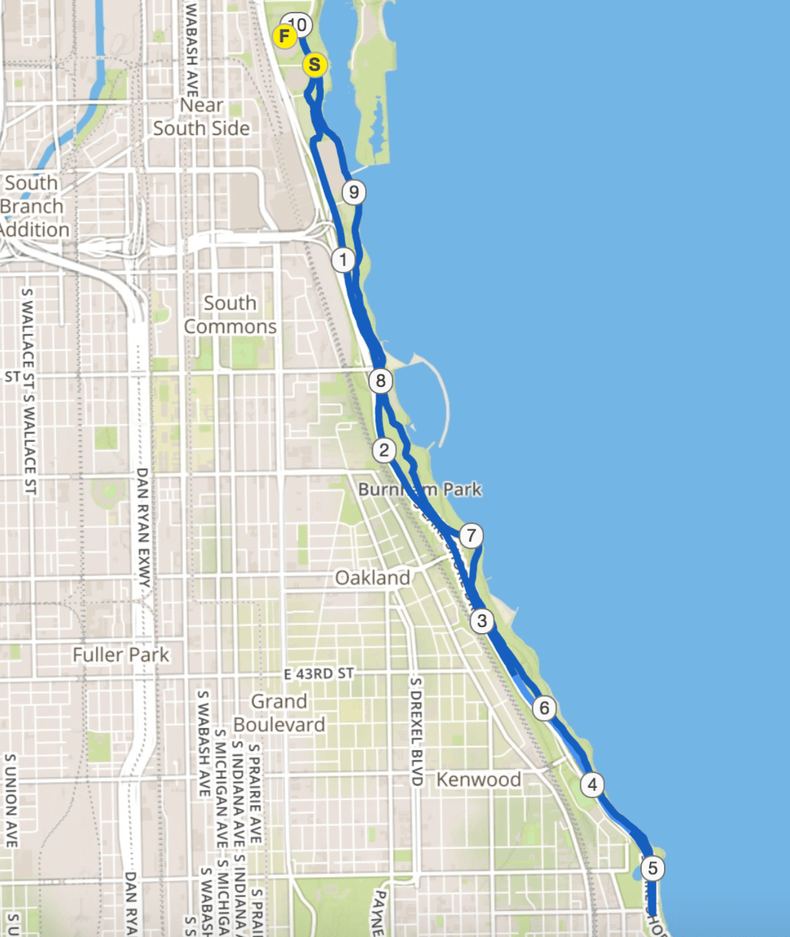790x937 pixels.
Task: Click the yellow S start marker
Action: click(315, 65)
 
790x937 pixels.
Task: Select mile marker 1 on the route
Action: click(343, 260)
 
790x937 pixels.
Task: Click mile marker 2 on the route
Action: click(384, 450)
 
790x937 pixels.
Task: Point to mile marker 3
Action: click(482, 620)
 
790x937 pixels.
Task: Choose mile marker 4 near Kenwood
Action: click(591, 784)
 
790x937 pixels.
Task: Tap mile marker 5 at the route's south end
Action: click(652, 868)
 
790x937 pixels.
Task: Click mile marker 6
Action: click(545, 709)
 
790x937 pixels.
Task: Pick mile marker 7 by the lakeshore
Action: click(471, 535)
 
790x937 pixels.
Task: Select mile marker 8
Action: click(381, 381)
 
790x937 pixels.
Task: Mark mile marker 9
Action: click(354, 193)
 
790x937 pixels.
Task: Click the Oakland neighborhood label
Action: click(372, 577)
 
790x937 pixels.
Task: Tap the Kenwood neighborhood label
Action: click(478, 779)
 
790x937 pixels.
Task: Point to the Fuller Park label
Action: click(121, 655)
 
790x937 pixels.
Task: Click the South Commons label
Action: click(230, 315)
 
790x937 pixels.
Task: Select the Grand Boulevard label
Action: click(279, 712)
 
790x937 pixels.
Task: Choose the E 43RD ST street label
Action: click(319, 674)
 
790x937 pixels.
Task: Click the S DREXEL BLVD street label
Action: click(416, 731)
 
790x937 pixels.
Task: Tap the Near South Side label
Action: click(202, 117)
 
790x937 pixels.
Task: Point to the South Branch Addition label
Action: click(33, 206)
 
